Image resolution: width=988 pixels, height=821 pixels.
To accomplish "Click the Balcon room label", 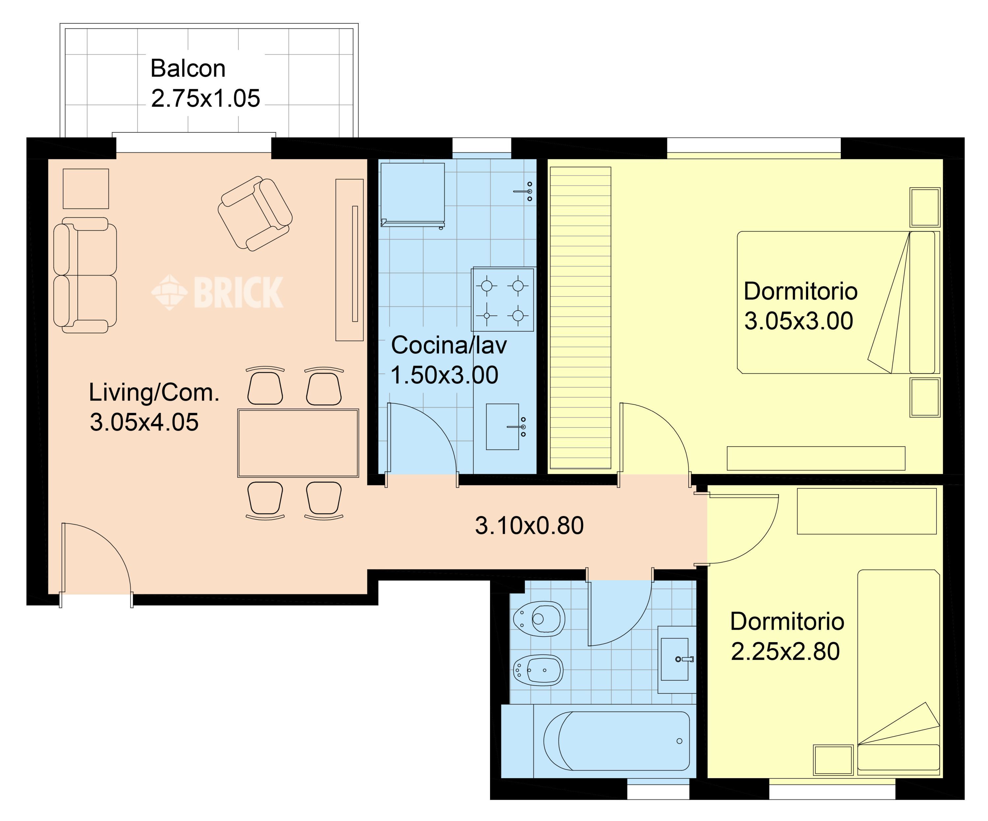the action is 188,69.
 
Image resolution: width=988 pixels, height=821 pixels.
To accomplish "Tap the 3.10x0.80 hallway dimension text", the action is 529,526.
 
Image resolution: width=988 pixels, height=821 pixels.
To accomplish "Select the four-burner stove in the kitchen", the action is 503,300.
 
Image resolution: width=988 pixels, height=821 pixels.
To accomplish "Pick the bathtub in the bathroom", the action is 616,741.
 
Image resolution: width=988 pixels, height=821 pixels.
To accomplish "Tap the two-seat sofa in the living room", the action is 85,275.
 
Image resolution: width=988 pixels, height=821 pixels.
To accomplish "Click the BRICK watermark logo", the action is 217,292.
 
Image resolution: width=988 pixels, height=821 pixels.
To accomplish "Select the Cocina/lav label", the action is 449,345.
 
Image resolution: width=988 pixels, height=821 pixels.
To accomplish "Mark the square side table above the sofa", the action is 86,189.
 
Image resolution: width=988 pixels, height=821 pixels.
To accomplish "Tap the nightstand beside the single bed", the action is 833,760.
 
